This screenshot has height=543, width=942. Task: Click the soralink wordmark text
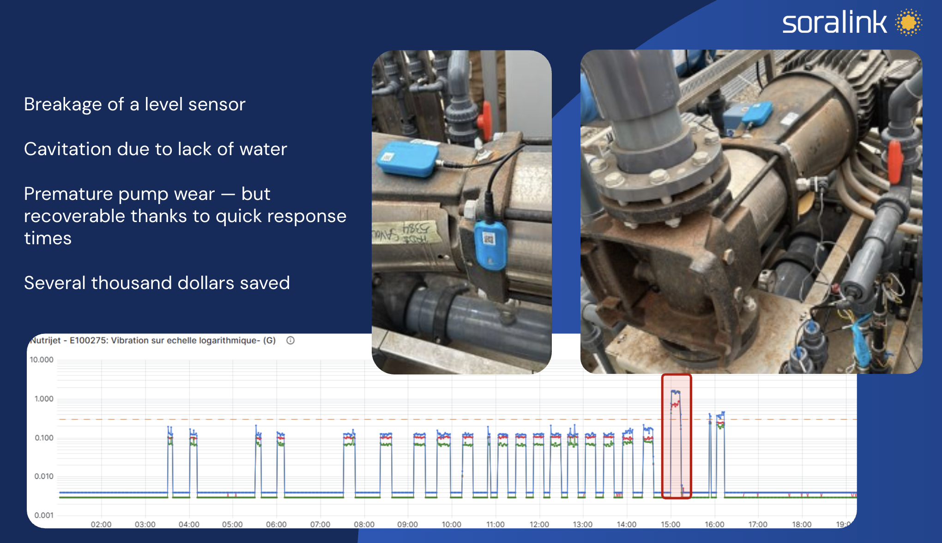[834, 23]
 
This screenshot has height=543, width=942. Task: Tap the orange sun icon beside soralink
[908, 22]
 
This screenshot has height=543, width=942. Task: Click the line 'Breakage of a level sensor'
[134, 104]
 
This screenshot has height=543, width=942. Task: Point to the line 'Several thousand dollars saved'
[157, 283]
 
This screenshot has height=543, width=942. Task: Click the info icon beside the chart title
[290, 341]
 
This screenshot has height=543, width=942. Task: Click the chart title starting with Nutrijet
[153, 341]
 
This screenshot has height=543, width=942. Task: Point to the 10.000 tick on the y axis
[42, 360]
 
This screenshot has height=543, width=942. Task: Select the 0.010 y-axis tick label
[43, 476]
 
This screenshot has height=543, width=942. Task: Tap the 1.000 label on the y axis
[43, 398]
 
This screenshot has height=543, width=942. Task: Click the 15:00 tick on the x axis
[670, 525]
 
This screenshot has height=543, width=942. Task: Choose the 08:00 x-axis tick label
[364, 525]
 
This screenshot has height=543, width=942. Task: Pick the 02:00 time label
[101, 525]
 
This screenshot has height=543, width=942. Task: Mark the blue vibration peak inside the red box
[676, 392]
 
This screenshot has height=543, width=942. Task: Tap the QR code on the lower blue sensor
[489, 239]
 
